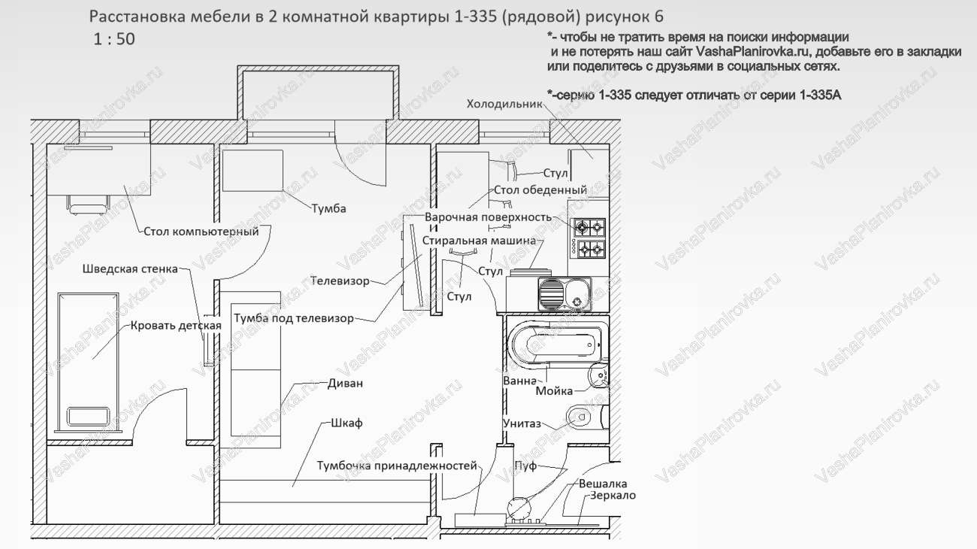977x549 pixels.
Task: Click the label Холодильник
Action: (504, 104)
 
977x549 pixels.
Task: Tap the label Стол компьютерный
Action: (201, 232)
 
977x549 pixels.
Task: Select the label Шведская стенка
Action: (130, 268)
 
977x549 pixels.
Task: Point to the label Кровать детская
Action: (176, 326)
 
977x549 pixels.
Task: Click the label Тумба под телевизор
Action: (294, 318)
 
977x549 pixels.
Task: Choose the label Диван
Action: (345, 383)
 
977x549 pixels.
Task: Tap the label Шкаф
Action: (346, 423)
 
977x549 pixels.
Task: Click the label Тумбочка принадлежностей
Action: (397, 466)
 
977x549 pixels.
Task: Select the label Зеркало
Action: (613, 496)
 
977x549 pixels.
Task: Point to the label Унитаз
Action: (522, 423)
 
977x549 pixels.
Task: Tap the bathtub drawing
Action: (557, 344)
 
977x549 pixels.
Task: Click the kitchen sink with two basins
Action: (565, 294)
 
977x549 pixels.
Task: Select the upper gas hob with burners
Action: (588, 227)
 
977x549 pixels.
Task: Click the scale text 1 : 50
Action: (114, 39)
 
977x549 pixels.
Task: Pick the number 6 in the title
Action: (658, 17)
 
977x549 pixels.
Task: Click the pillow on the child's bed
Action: (88, 417)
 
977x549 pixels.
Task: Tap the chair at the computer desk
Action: (88, 205)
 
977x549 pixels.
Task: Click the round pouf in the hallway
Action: (519, 508)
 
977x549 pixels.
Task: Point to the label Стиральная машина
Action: (479, 241)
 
